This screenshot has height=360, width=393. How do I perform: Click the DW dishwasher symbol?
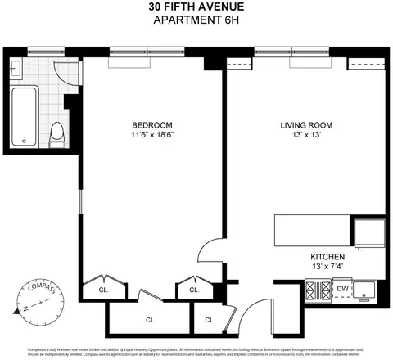coord(342,289)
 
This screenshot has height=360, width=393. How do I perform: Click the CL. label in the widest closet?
coord(151,319)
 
